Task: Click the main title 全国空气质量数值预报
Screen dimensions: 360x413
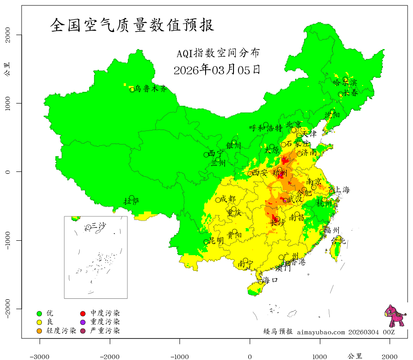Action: coord(132,25)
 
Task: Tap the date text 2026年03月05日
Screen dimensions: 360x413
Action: coord(216,70)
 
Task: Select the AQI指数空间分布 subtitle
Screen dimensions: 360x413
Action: coord(218,53)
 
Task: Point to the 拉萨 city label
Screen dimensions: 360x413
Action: coord(131,201)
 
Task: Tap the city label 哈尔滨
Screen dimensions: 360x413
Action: coord(345,82)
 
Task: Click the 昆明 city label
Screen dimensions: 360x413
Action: coord(216,241)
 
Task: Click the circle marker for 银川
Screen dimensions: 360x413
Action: coord(234,142)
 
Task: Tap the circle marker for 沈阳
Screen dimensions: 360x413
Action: coord(332,112)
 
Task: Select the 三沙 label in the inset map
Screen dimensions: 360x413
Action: coord(99,225)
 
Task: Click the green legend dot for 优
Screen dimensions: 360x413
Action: coord(39,313)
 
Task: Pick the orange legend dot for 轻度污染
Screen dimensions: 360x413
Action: coord(39,331)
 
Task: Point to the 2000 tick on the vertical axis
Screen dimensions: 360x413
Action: coord(10,35)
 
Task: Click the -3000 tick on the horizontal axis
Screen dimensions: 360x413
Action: coord(40,356)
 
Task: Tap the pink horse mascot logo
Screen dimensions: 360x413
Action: coord(394,316)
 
